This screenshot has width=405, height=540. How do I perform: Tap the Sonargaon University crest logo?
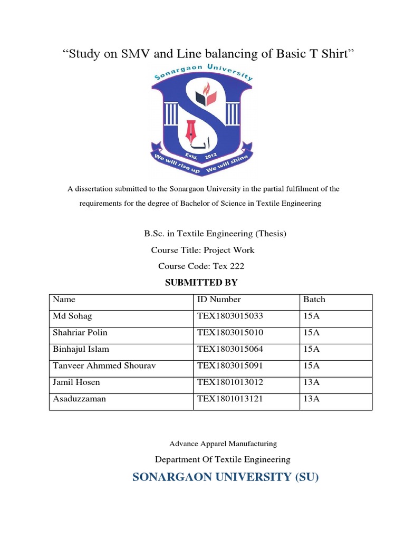(202, 121)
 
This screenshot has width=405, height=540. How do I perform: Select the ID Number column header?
(219, 300)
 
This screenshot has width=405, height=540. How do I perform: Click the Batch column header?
(314, 300)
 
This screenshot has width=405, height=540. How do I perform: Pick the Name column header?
(64, 300)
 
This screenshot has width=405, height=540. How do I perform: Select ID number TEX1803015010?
(230, 333)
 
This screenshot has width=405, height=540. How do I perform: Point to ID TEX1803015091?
(230, 365)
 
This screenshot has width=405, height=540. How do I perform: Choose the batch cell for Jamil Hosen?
(312, 382)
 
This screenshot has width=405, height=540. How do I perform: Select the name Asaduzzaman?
(80, 399)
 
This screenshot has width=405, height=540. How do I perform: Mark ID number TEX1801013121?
(230, 399)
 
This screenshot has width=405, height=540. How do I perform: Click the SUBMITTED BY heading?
(201, 283)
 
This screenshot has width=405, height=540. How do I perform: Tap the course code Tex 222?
(228, 266)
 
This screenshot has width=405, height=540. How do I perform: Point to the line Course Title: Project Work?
(202, 250)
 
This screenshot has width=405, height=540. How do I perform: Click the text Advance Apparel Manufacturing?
(223, 444)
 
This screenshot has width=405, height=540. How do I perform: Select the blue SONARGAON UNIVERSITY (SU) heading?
(226, 478)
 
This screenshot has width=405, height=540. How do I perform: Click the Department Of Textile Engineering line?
(223, 460)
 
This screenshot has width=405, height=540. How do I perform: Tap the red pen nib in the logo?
(191, 131)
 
